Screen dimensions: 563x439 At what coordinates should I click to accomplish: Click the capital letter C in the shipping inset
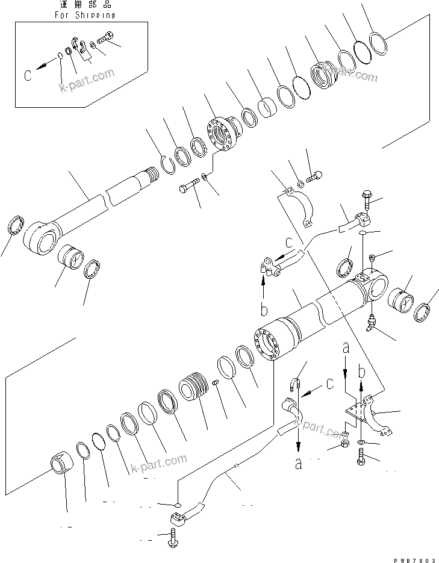[x=28, y=75]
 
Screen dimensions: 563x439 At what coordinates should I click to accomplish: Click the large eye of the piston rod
[x=40, y=238]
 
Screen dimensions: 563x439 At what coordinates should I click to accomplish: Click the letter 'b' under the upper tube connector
[x=263, y=310]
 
